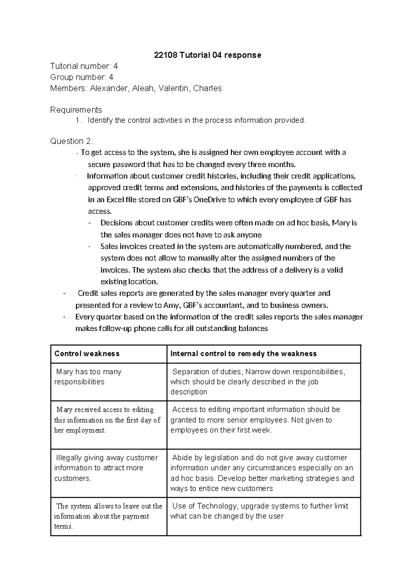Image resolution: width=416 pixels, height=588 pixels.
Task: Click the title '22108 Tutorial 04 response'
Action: tap(208, 55)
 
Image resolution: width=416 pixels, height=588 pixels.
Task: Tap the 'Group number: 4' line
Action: tap(82, 77)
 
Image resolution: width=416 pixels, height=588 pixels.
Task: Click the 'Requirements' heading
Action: tap(76, 110)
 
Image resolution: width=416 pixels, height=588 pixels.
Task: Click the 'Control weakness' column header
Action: tap(87, 354)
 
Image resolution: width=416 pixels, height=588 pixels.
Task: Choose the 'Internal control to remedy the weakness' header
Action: tap(243, 354)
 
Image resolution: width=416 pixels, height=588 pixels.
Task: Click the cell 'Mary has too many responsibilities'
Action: tap(88, 377)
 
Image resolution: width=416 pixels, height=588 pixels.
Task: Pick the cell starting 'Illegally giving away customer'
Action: tap(106, 468)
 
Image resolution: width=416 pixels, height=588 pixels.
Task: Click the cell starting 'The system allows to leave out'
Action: tap(108, 516)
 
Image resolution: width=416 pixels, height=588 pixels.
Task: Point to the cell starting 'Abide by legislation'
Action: tap(262, 473)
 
